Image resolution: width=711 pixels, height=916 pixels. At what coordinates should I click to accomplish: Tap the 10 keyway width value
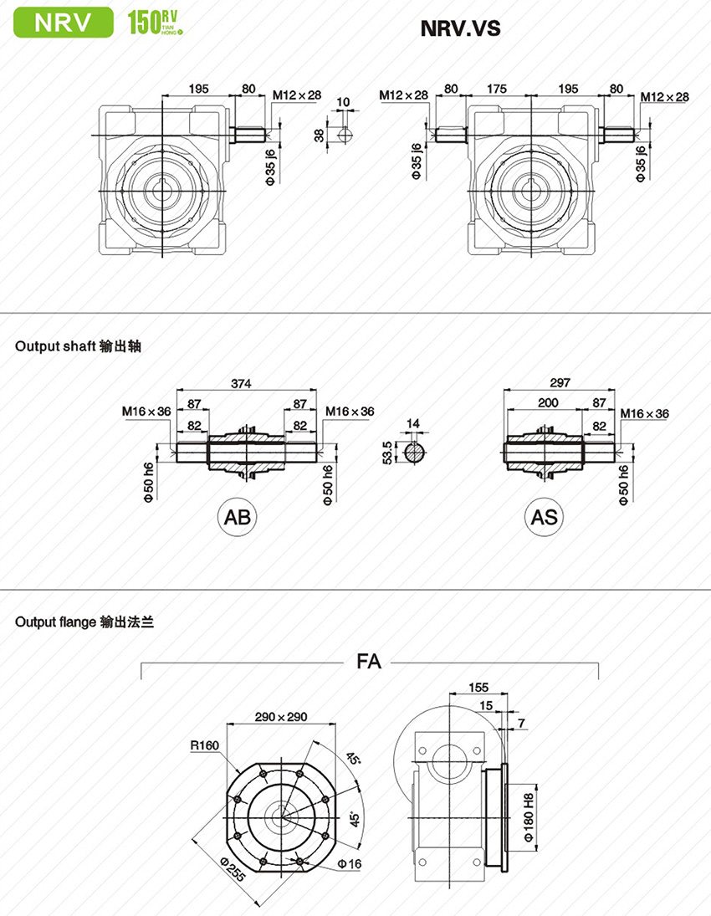tap(343, 102)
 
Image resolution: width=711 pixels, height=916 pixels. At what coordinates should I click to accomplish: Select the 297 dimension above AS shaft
tap(560, 383)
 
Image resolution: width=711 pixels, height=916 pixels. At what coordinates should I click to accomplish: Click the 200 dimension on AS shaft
tap(548, 403)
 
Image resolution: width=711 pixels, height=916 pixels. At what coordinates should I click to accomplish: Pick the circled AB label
tap(238, 517)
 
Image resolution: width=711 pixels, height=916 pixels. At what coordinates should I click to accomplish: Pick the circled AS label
tap(545, 517)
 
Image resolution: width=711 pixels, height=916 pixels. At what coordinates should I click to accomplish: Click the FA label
tap(368, 662)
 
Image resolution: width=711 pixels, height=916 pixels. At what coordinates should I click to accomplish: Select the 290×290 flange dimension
tap(282, 717)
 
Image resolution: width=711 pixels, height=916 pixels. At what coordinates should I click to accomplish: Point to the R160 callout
tap(204, 745)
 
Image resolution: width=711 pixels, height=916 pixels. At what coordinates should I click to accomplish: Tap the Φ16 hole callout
tap(349, 863)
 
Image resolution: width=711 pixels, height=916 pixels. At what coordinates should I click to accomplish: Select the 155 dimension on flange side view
tap(478, 688)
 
